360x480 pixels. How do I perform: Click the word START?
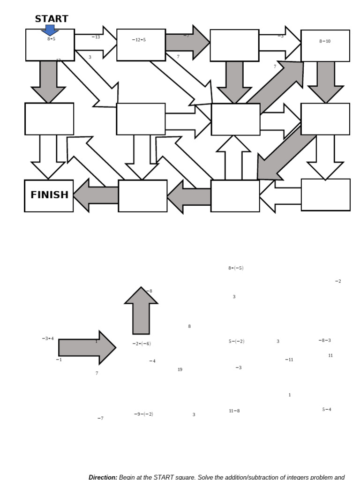52,19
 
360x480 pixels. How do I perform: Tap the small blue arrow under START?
50,30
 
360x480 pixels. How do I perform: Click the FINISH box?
49,195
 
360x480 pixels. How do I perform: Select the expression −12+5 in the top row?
139,40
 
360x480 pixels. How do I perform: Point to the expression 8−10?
325,41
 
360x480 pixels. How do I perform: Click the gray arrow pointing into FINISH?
96,195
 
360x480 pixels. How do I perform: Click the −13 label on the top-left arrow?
96,37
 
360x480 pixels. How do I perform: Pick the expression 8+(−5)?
236,268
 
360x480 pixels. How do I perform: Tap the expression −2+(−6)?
142,344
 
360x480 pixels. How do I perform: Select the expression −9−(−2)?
143,414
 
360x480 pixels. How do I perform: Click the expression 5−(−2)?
236,341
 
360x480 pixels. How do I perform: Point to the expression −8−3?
324,340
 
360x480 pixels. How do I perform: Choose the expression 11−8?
234,411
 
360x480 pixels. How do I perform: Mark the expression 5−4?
327,409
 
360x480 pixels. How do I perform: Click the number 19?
180,369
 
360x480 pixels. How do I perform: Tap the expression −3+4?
48,338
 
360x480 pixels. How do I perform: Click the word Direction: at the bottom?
103,477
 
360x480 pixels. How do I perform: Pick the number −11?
289,360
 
